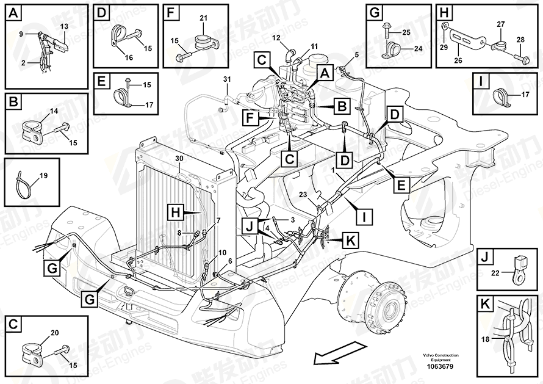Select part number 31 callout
[227, 80]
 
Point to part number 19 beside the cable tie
[43, 176]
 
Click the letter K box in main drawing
[350, 241]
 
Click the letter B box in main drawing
[342, 106]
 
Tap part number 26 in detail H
[458, 60]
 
